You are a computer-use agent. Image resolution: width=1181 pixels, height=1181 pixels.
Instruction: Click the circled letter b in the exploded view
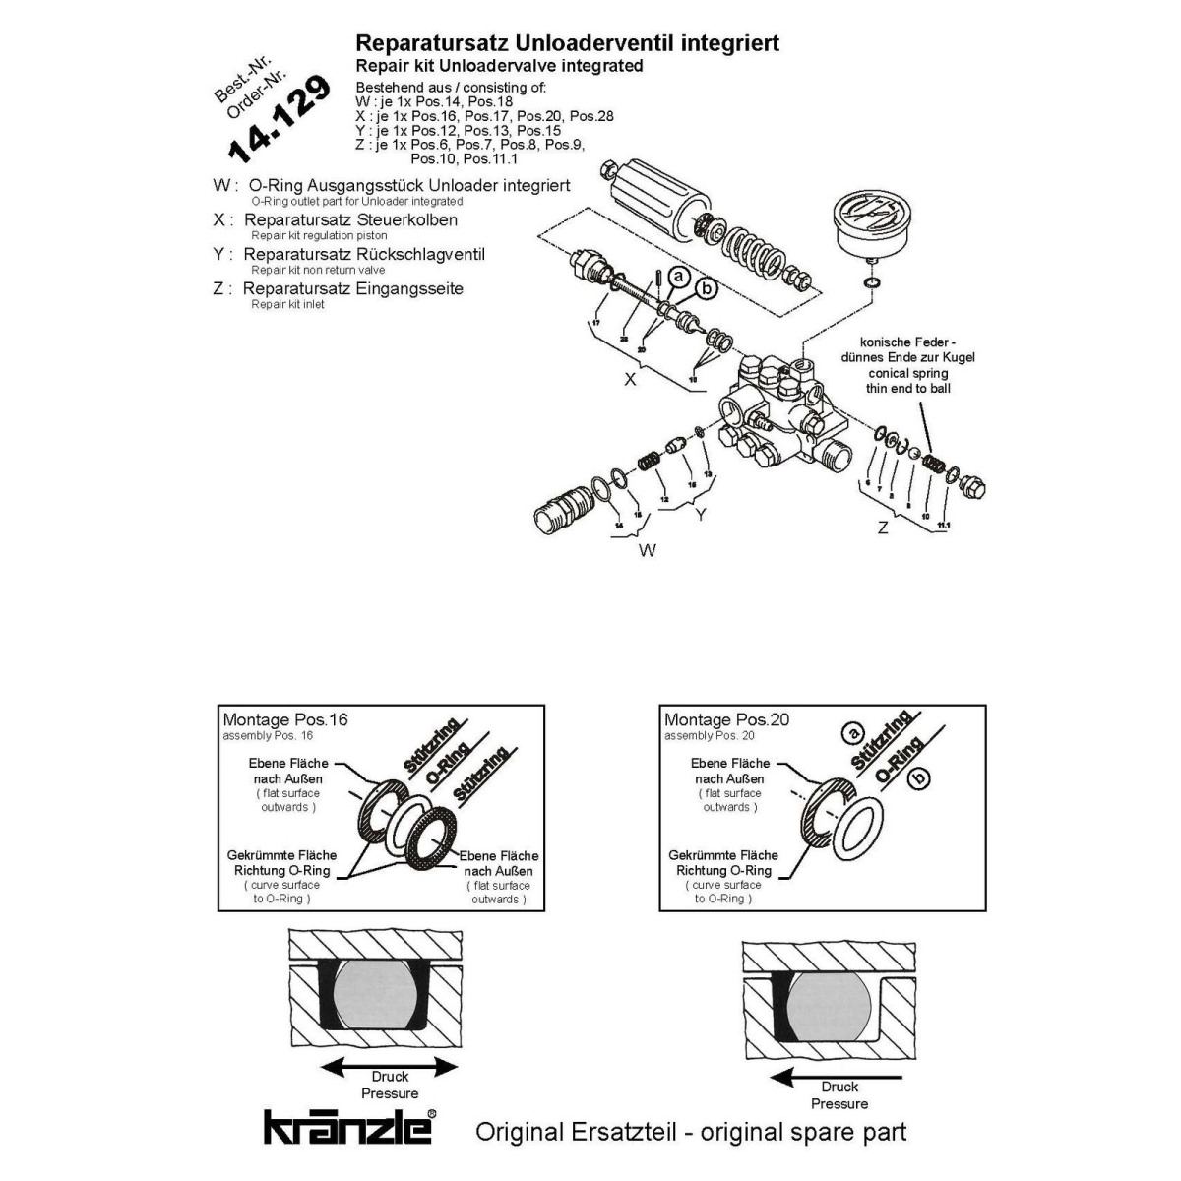point(706,289)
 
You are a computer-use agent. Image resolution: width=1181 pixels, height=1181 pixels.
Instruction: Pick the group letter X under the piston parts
point(631,378)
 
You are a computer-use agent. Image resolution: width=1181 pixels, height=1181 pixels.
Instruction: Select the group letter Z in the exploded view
point(883,528)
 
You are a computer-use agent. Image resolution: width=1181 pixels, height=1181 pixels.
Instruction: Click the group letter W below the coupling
point(647,550)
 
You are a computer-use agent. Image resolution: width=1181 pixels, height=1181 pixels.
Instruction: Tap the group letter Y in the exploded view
point(700,514)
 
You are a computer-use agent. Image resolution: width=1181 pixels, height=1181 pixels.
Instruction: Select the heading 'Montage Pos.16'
point(285,719)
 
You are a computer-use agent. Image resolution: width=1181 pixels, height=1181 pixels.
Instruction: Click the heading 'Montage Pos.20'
point(726,719)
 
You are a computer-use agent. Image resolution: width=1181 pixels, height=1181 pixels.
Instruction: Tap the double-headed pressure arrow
point(391,1067)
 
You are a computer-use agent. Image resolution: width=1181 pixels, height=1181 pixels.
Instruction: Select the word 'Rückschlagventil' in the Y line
point(427,254)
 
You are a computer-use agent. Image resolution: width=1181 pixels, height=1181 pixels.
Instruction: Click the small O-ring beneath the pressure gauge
point(872,283)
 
